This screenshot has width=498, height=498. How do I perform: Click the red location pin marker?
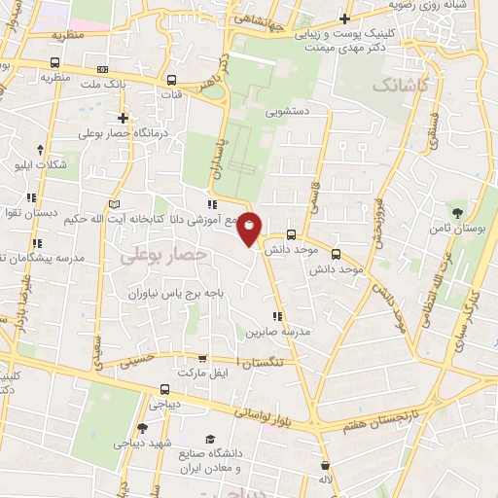pos(250,230)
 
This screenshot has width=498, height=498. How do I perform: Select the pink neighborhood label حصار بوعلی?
pos(164,255)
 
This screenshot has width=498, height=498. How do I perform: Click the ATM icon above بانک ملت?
pos(103,70)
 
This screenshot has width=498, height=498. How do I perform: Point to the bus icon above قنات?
pos(171,81)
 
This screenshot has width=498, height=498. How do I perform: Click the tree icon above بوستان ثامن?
pos(457,211)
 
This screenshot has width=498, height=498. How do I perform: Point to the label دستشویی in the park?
pos(289,111)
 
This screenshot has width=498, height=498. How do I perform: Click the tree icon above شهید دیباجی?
pos(142,428)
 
